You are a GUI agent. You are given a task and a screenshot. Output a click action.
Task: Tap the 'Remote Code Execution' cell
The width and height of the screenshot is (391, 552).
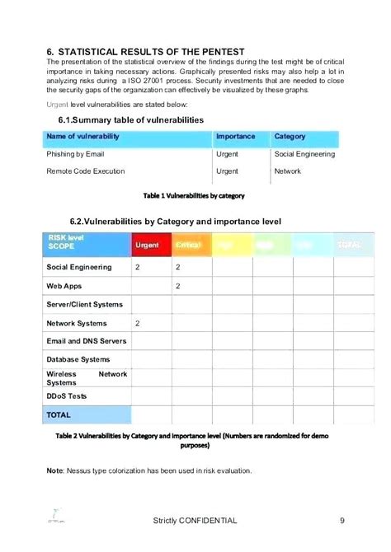[86, 171]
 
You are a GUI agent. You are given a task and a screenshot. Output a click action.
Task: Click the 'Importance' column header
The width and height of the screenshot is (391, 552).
[235, 136]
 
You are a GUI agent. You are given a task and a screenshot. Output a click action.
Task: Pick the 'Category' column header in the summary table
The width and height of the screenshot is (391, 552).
[290, 136]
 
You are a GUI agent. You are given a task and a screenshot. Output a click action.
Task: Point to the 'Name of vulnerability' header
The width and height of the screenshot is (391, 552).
[82, 136]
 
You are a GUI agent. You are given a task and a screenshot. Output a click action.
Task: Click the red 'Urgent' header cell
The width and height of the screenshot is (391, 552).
[147, 246]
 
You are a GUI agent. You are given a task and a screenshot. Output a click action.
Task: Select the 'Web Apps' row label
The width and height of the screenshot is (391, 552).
[64, 286]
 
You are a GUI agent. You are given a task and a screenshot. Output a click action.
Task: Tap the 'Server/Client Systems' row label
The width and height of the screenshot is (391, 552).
[84, 305]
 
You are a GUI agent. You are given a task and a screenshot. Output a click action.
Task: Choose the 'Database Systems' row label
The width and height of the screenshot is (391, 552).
[78, 359]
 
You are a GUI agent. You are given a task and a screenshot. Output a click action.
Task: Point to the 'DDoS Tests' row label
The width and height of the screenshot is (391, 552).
[66, 396]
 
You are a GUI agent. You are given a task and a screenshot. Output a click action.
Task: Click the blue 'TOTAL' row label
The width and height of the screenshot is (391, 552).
[59, 414]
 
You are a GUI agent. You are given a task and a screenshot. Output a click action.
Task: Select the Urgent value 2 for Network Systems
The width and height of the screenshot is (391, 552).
[138, 323]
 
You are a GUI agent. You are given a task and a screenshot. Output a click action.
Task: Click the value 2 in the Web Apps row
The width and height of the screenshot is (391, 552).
[177, 286]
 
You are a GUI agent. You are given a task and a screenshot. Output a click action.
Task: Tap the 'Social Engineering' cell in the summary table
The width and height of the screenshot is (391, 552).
[304, 154]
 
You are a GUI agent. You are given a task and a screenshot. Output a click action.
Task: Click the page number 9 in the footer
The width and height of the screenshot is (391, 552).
[342, 521]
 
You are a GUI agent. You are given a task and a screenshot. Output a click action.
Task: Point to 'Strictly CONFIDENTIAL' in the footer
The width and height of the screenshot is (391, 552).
[195, 521]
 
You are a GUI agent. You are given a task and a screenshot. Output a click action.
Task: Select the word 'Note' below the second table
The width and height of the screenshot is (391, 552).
[56, 470]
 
